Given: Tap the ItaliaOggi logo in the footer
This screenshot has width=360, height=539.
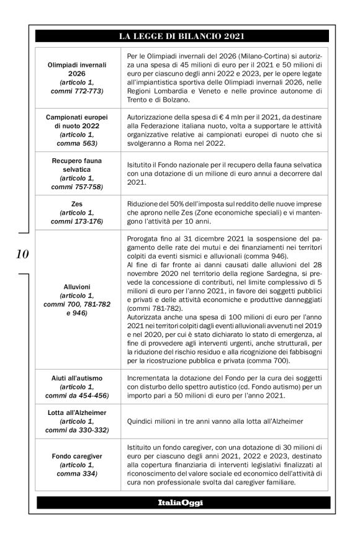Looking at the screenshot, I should pos(180,502).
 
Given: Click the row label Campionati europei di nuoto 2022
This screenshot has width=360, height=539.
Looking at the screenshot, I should pos(78,122).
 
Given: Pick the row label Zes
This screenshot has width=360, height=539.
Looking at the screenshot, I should pos(78,203).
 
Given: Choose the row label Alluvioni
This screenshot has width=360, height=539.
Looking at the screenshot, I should pos(78,287).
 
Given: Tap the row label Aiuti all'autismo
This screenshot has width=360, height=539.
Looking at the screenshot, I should pos(78,378).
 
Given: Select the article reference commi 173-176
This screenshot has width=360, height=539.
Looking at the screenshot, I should pos(78,221).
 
